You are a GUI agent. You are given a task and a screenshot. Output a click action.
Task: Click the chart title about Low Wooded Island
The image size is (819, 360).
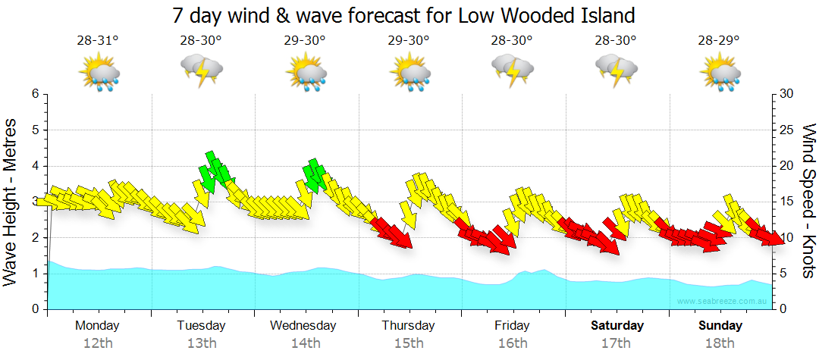(x=403, y=15)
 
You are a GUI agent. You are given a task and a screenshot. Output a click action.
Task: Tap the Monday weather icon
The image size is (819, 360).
(x=99, y=74)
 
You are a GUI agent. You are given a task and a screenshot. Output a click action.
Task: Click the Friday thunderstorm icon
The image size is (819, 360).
(x=513, y=70)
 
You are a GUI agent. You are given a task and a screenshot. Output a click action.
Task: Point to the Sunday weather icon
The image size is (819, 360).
(x=720, y=74)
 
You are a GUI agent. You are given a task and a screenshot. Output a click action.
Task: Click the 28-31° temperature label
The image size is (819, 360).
(x=98, y=41)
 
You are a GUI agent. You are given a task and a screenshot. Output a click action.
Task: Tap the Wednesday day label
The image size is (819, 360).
(x=303, y=326)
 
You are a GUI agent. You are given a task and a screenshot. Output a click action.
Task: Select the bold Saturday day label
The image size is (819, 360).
(x=617, y=326)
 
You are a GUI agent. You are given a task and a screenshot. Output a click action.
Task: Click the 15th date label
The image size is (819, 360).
(x=409, y=343)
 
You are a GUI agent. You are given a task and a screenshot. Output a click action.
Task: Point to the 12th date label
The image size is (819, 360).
(x=97, y=343)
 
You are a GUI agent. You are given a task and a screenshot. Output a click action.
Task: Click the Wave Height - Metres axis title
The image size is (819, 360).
(x=12, y=202)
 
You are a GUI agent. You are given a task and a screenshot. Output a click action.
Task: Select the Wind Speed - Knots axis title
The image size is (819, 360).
(x=808, y=202)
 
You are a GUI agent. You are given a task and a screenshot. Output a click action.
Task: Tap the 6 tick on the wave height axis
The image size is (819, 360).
(x=34, y=94)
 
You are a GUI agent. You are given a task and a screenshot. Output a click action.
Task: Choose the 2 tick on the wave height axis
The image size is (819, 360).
(x=34, y=238)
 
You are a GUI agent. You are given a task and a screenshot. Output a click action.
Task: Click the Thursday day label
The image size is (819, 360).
(x=409, y=326)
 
